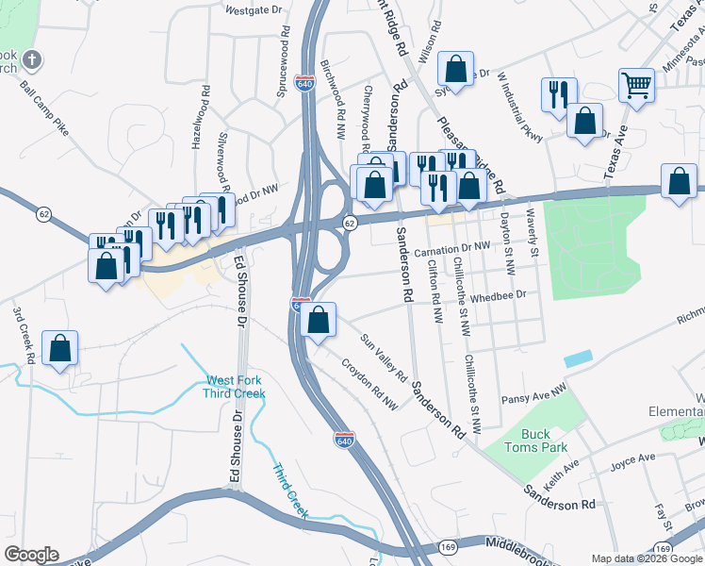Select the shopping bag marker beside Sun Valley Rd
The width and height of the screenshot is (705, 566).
point(320,319)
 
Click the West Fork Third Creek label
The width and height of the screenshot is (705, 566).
point(236,387)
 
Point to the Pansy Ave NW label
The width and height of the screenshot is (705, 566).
point(533,392)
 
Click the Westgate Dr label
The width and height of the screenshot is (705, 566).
point(254,10)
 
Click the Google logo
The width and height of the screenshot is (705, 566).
point(31,555)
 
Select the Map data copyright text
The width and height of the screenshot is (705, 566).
point(646,558)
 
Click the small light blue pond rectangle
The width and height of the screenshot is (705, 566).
point(579,359)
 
